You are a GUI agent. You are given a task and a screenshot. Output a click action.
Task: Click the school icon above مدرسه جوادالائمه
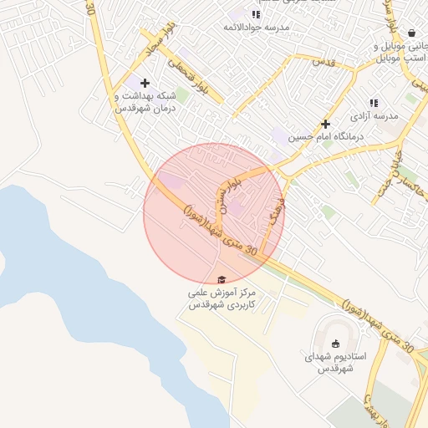257,14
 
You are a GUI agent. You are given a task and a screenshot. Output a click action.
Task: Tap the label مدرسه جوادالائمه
255,28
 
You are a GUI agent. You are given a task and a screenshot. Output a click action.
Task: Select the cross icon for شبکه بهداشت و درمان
145,83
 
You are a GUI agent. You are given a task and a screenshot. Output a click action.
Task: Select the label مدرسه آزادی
373,115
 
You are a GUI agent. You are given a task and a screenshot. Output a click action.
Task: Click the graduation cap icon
221,280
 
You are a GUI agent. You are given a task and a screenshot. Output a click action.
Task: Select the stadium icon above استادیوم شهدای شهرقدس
336,344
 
